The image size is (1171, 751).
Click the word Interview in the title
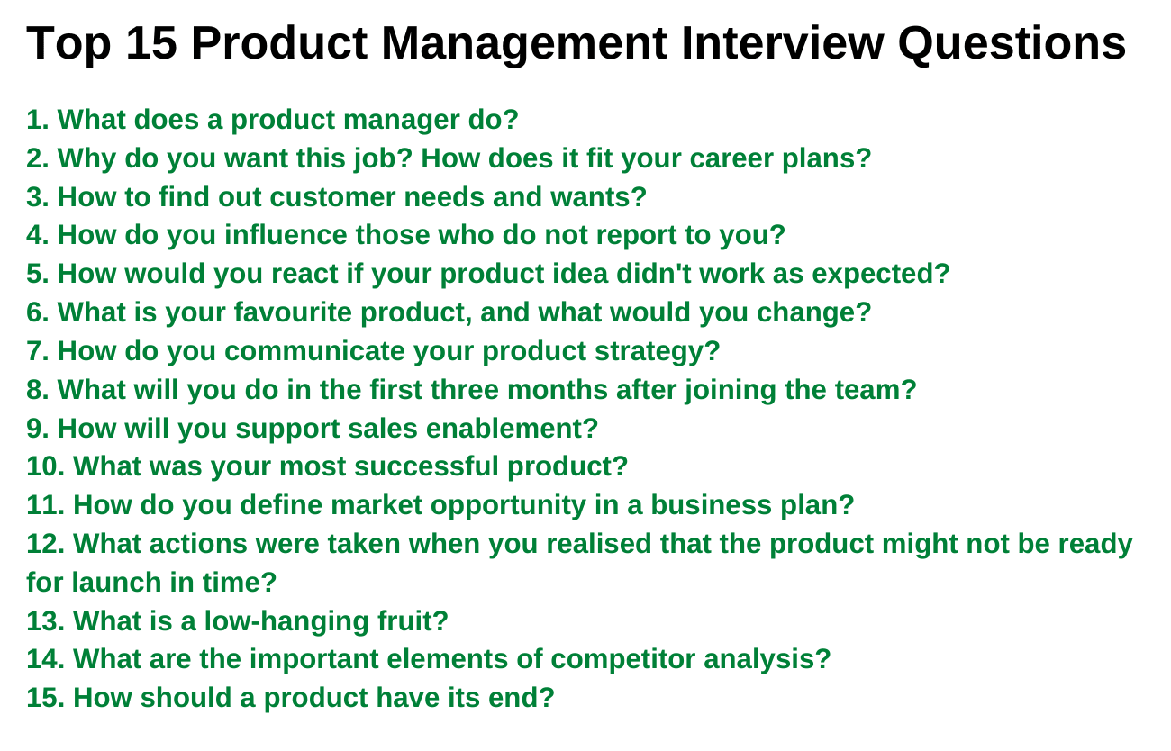click(x=782, y=43)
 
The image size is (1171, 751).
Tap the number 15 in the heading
click(x=151, y=43)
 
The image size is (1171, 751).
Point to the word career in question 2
click(x=731, y=158)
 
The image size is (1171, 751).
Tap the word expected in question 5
click(x=881, y=275)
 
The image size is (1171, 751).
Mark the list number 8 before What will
click(x=38, y=390)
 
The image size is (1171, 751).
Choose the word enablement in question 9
click(x=513, y=429)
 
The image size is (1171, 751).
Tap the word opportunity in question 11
click(x=508, y=506)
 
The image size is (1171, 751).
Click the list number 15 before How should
click(x=45, y=698)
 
